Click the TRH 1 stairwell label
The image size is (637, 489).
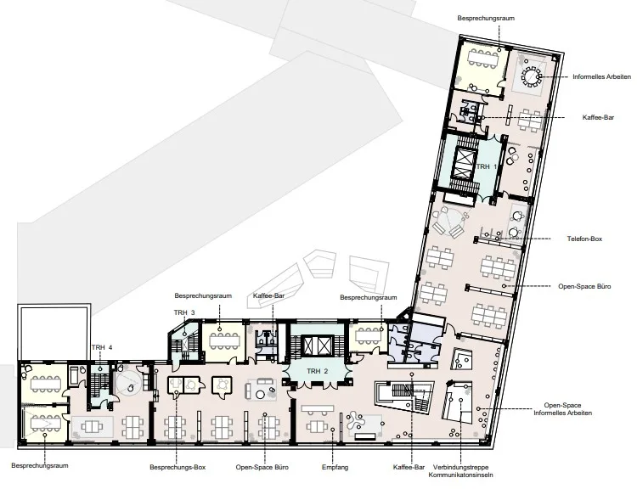pos(487,166)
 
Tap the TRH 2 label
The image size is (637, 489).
pos(318,371)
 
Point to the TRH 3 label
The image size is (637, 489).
pos(184,312)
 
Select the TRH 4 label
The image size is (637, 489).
pos(102,347)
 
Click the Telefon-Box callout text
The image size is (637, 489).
pos(584,239)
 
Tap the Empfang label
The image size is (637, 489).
pos(335,467)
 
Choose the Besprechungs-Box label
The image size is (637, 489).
pos(178,467)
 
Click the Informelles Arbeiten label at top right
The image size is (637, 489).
pos(601,76)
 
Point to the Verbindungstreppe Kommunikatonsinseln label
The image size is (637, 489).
pos(460,471)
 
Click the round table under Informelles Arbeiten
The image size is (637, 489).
pos(531,76)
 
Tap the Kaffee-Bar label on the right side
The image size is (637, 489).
pos(598,117)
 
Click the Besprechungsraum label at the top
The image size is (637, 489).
pos(486,19)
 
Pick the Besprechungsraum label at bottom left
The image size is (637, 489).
pos(40,465)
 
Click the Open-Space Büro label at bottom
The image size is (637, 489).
pos(262,467)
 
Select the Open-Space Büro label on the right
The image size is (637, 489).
pos(584,286)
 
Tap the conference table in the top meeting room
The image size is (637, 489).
pos(482,57)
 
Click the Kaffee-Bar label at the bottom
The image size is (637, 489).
pos(409,467)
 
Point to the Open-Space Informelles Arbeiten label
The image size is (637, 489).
pos(562,409)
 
